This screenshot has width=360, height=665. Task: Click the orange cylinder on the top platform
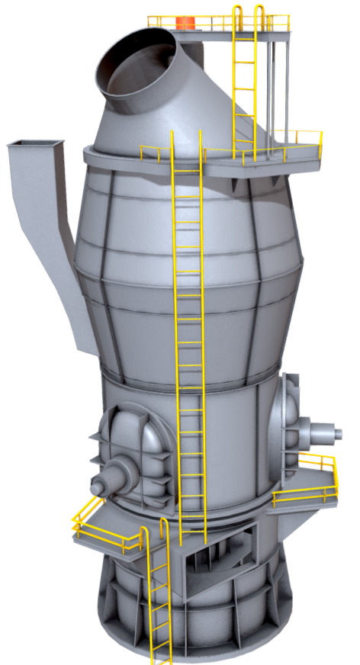185,22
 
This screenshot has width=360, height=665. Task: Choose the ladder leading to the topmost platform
244,84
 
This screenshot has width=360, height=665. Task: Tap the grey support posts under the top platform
278,84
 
